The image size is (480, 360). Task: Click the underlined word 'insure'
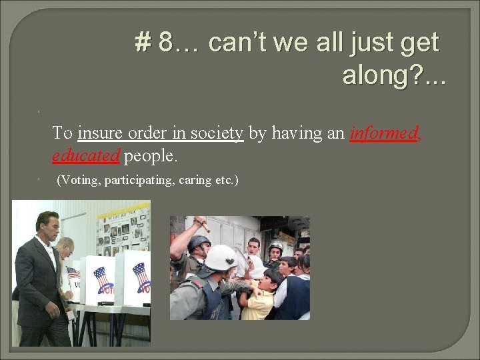pyautogui.click(x=99, y=133)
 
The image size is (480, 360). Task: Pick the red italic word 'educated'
pyautogui.click(x=86, y=156)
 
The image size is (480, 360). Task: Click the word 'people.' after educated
pyautogui.click(x=151, y=156)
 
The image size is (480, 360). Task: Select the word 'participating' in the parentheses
pyautogui.click(x=141, y=180)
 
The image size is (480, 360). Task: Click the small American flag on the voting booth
pyautogui.click(x=73, y=273)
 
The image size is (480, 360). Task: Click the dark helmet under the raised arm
pyautogui.click(x=198, y=244)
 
